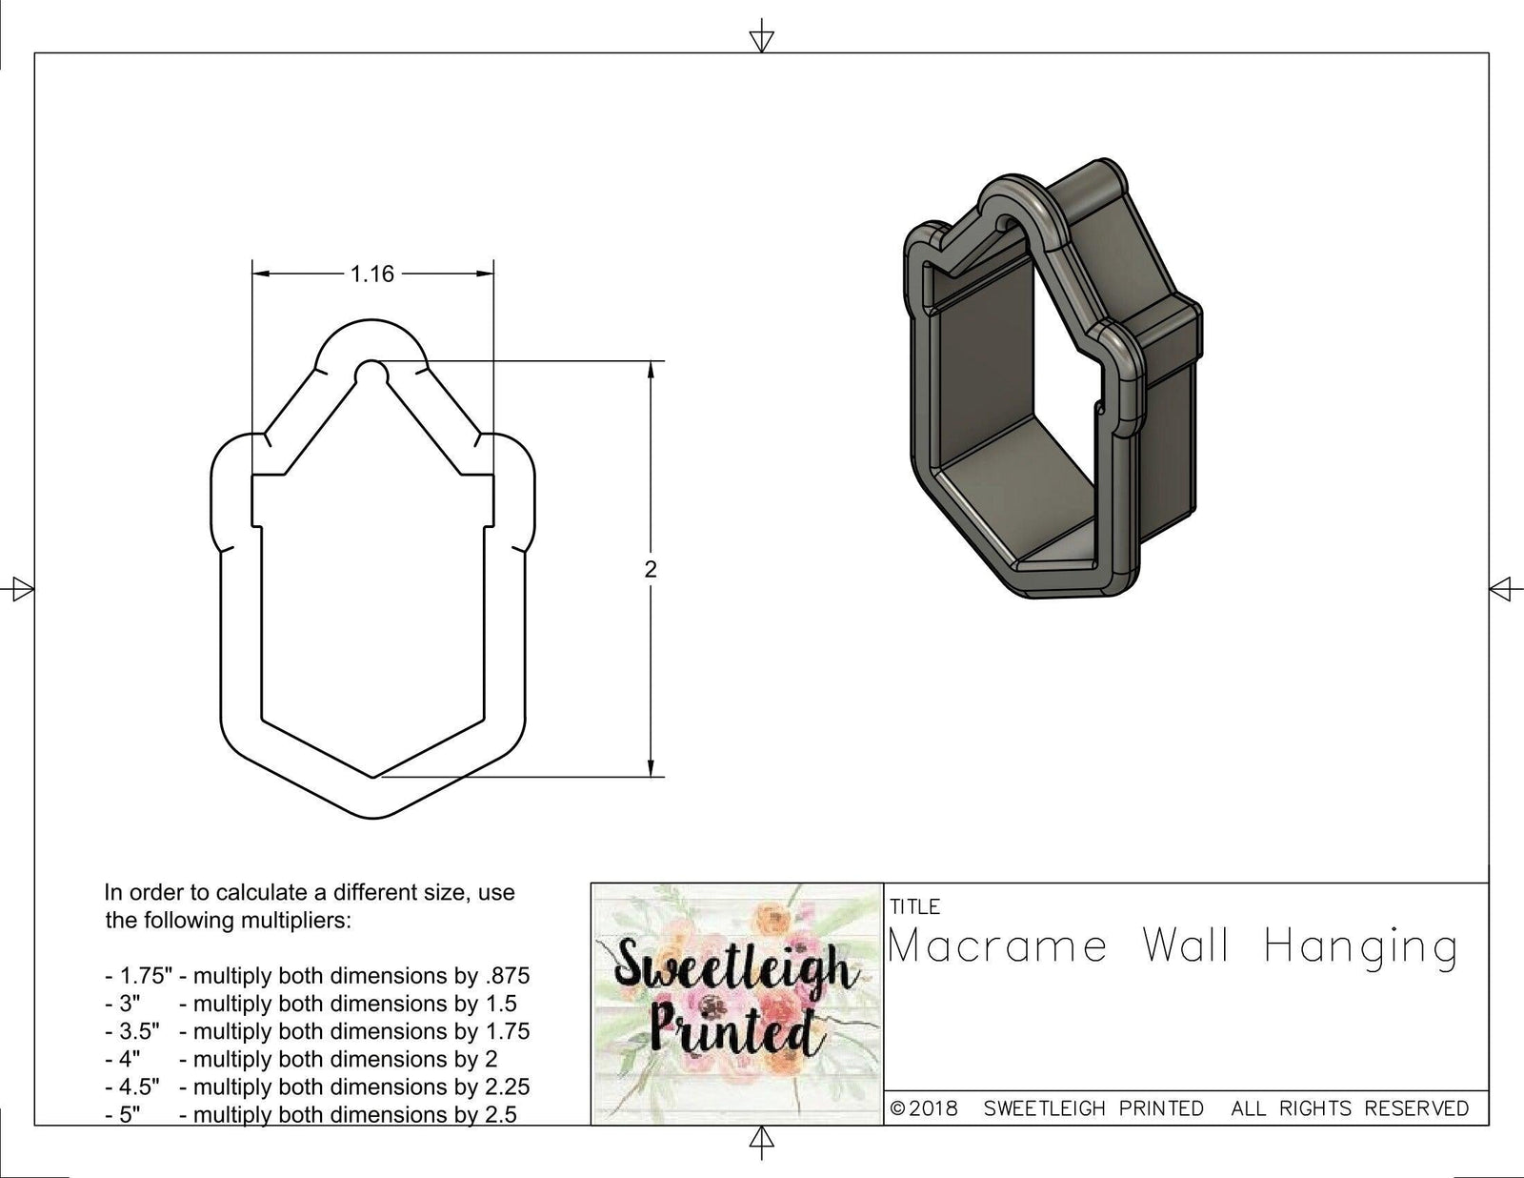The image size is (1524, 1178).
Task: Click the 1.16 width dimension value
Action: coord(371,274)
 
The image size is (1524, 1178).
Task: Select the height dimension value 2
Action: coord(651,569)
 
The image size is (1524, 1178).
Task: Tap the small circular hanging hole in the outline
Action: coord(371,370)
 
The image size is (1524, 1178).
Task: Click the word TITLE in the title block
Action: coord(914,906)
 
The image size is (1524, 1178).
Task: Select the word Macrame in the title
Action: coord(997,947)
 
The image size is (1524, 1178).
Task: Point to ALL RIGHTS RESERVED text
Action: coord(1350,1108)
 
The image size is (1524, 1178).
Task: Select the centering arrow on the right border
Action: coord(1502,589)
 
